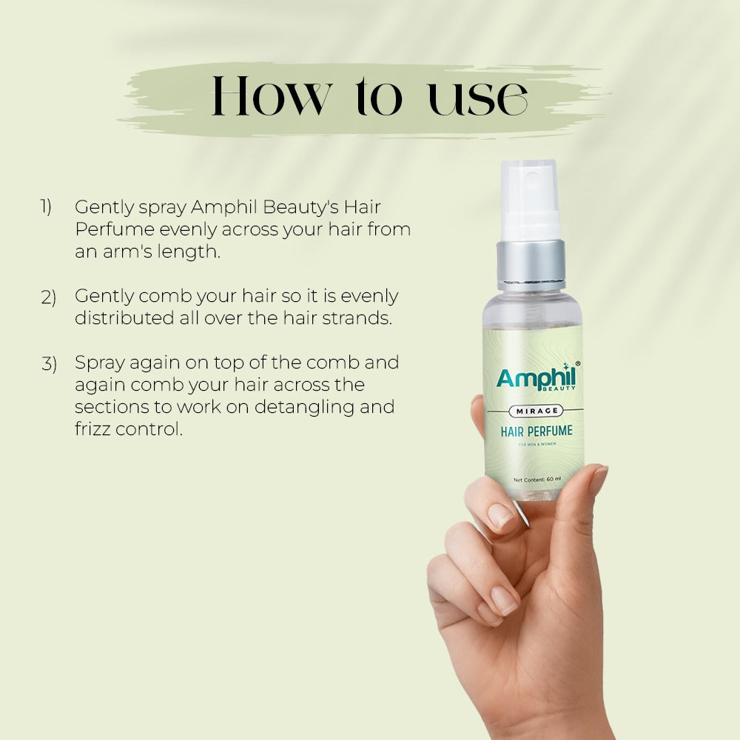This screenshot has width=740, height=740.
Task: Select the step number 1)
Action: pos(46,207)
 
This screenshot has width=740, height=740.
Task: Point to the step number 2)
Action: pos(48,297)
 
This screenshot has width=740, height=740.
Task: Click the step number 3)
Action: pos(48,364)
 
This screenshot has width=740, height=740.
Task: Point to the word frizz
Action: pos(92,429)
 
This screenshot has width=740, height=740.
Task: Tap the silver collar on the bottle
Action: pos(531,263)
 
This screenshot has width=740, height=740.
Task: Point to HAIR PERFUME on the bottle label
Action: pos(536,431)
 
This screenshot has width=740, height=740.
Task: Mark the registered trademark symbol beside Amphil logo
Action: pos(577,364)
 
